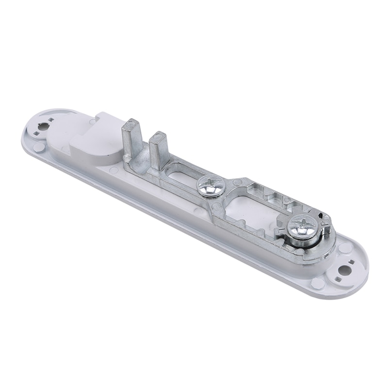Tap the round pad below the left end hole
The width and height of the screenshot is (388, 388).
pos(41,145)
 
